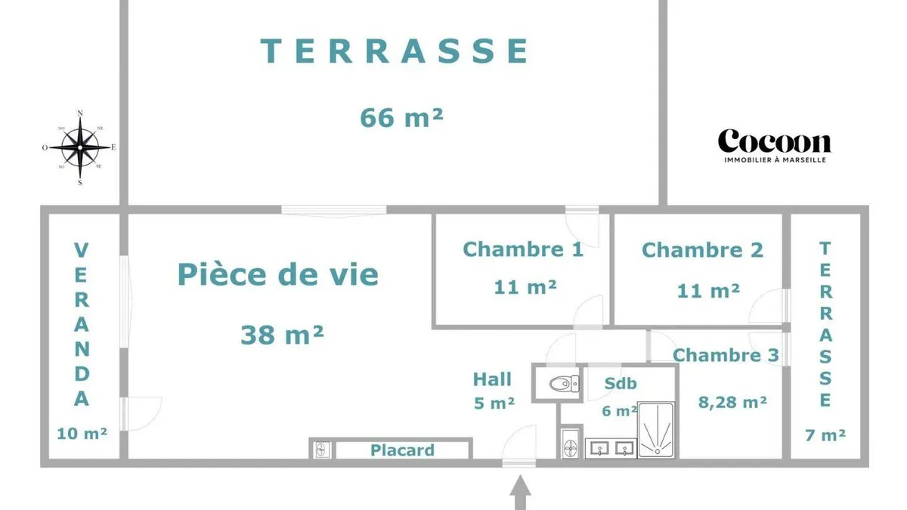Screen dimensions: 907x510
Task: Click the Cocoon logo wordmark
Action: click(775, 141)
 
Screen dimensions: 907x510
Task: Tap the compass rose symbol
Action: click(80, 148)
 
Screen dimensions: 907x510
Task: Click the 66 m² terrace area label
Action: click(401, 118)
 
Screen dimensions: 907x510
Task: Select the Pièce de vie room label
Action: click(278, 275)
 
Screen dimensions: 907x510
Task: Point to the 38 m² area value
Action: click(282, 335)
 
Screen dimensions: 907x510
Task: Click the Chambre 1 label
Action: click(523, 249)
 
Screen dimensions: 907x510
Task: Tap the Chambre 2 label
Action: click(702, 250)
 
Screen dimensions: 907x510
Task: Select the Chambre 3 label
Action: click(726, 355)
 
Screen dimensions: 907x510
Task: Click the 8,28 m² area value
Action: click(732, 402)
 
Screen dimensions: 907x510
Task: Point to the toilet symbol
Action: click(564, 383)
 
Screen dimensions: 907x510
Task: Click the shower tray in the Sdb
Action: click(656, 430)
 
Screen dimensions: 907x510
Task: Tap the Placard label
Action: click(402, 450)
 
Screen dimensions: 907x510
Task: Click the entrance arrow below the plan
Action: click(520, 492)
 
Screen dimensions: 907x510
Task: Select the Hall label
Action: click(492, 379)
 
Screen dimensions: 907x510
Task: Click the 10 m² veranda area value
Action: click(82, 434)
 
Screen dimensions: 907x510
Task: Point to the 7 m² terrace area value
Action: click(825, 434)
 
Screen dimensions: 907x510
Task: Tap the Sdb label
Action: click(621, 383)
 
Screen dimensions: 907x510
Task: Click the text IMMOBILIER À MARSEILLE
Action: click(775, 160)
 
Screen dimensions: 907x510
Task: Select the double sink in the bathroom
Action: click(611, 448)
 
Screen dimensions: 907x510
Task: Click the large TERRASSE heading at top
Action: click(395, 51)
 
